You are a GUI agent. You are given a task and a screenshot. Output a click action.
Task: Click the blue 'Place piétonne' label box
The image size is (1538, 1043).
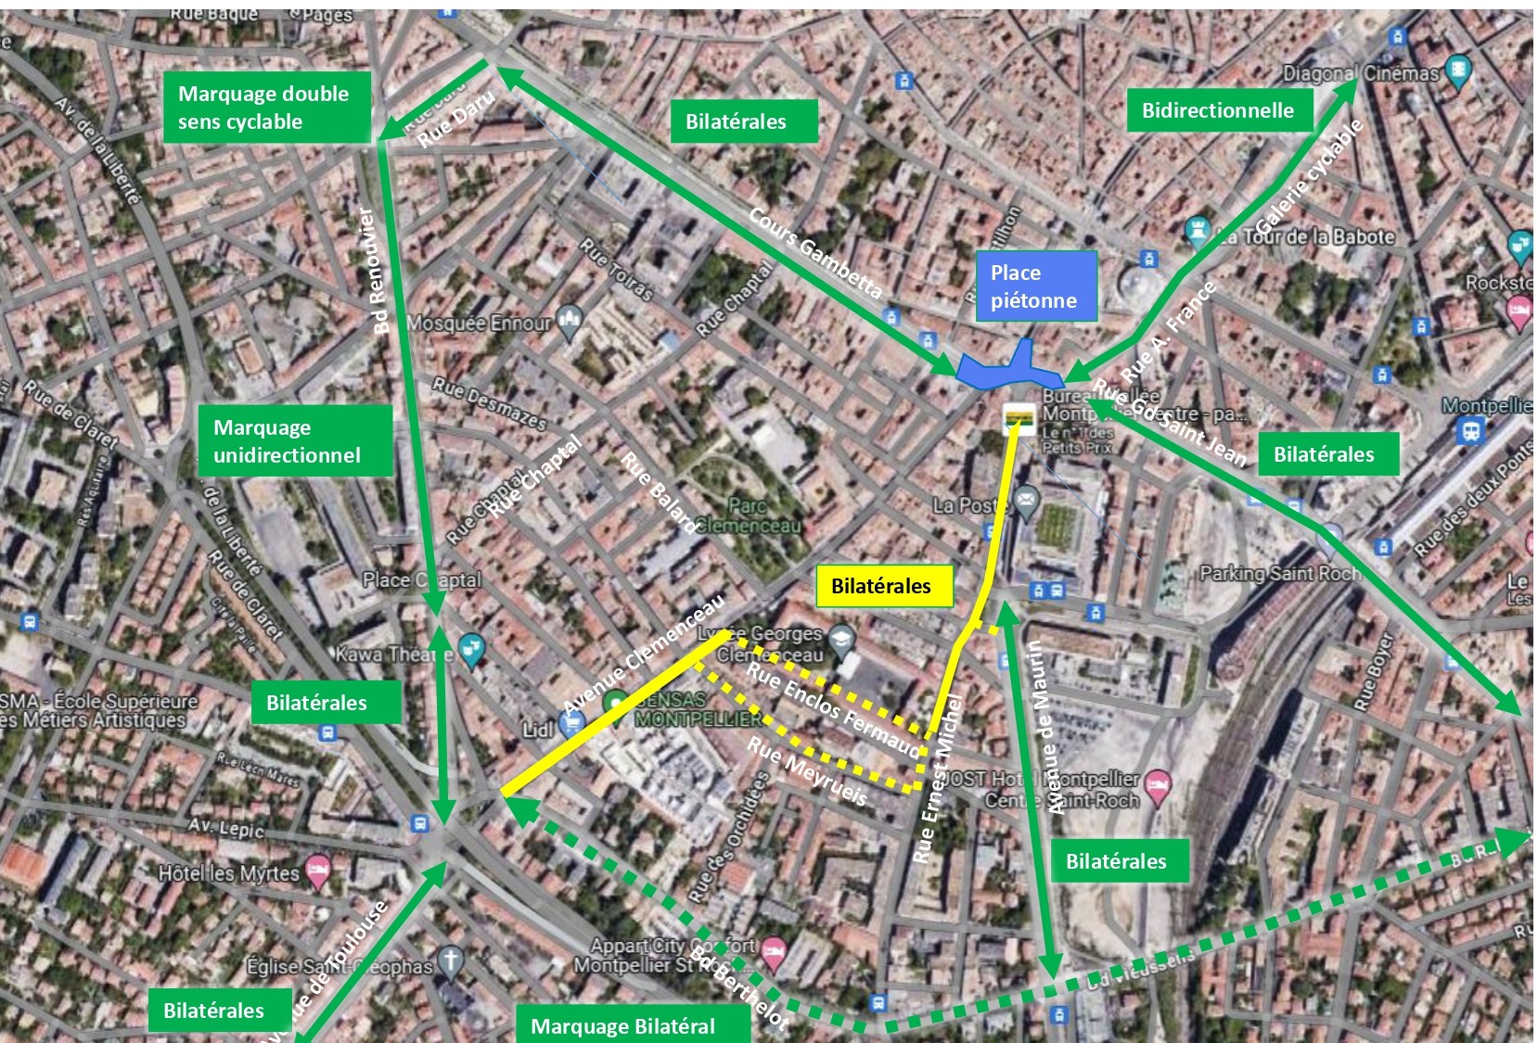(1035, 286)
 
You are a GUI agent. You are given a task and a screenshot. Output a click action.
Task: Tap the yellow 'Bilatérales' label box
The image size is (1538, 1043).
(884, 585)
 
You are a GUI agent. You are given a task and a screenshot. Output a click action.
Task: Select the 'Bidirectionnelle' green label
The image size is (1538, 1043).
(1219, 110)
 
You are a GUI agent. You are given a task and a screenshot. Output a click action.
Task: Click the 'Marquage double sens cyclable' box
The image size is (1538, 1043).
(267, 108)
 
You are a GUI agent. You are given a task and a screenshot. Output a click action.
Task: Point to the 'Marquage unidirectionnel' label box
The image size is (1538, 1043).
(294, 440)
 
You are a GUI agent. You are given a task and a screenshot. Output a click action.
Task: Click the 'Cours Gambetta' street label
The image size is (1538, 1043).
(816, 251)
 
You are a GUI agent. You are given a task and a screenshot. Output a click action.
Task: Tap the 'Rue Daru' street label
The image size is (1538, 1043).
(455, 120)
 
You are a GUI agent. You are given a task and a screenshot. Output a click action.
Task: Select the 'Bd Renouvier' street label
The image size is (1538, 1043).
(374, 271)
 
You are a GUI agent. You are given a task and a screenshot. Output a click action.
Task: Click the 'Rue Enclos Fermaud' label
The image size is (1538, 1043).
(833, 706)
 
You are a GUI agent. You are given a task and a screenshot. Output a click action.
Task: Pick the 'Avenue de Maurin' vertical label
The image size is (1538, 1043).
(1045, 727)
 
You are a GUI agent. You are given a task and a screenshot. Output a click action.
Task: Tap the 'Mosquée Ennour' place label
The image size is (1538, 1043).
(480, 324)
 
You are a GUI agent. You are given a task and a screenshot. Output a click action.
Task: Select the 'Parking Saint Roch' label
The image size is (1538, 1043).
(1280, 573)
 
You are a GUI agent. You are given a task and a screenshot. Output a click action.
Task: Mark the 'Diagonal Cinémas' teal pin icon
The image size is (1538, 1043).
(1459, 70)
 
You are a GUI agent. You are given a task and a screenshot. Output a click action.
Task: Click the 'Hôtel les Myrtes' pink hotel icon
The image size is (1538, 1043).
(318, 871)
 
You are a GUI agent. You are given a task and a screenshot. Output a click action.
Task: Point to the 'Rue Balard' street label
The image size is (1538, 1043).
(659, 492)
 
